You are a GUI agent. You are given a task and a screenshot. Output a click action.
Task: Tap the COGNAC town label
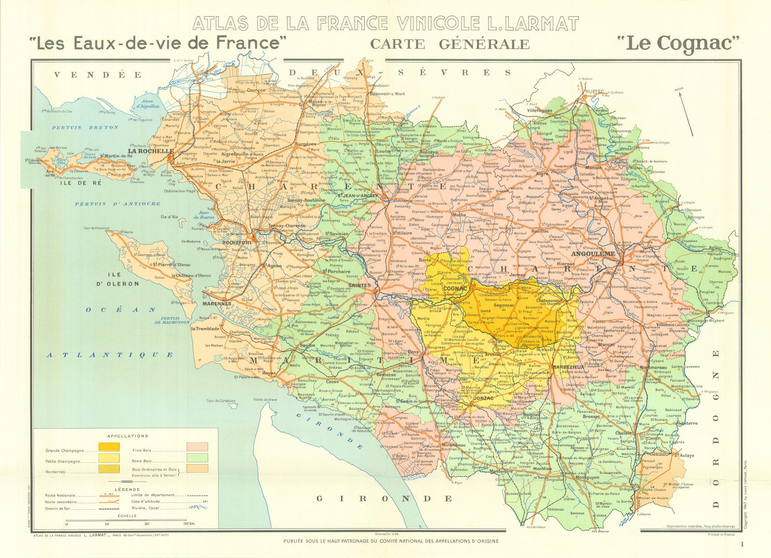[x=455, y=288]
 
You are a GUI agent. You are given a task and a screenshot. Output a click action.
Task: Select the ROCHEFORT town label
[x=237, y=243]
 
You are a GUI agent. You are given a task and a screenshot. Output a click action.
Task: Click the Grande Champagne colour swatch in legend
[x=109, y=447]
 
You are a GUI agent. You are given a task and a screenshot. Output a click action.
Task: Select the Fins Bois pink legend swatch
[x=197, y=447]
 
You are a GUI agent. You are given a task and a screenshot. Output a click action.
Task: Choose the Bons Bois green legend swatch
[x=197, y=458]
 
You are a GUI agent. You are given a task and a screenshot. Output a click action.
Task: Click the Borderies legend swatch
[x=109, y=468]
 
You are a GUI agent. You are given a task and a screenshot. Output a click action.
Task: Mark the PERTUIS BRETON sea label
[x=85, y=127]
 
